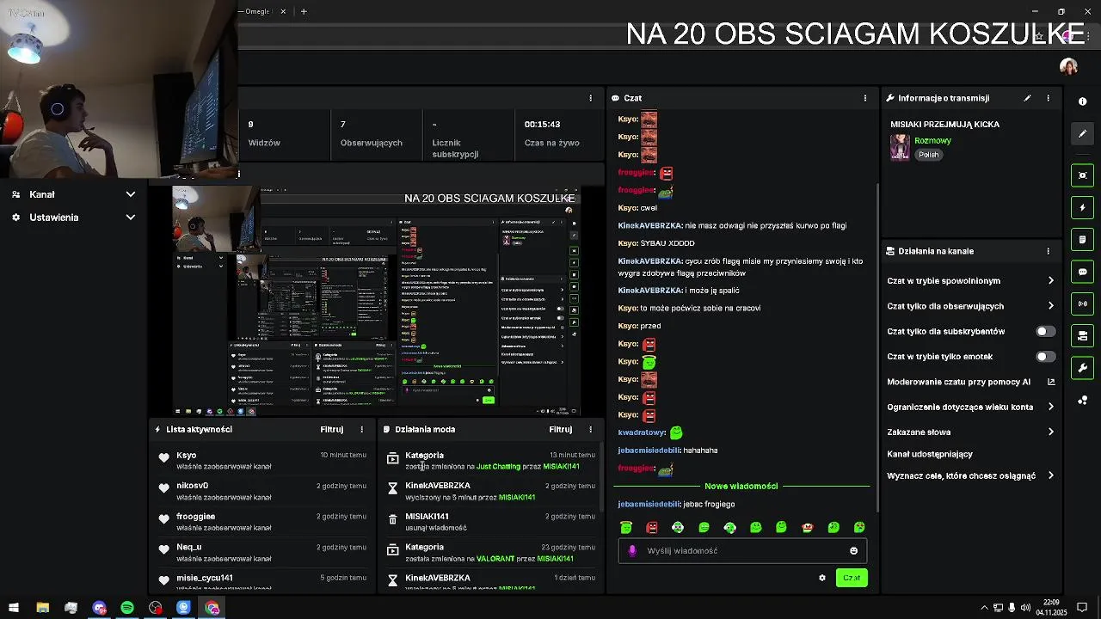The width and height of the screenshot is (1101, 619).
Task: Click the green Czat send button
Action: point(851,578)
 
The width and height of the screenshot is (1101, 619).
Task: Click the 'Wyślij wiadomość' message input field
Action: point(740,550)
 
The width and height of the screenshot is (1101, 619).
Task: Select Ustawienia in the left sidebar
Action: point(54,218)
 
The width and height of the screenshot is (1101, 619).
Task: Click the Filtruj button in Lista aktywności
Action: point(332,429)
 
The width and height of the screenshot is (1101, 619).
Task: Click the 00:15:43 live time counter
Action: point(542,124)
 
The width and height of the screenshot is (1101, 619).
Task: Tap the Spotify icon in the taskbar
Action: point(127,608)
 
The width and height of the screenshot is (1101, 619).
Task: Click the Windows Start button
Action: point(13,608)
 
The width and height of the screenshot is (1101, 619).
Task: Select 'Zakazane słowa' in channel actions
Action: point(919,432)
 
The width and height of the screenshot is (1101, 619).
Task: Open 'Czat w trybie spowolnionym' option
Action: point(944,280)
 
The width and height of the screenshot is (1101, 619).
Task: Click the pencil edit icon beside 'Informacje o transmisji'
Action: point(1027,98)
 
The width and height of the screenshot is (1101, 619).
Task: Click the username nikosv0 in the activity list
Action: point(193,486)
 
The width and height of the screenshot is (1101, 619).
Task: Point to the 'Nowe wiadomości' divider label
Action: point(741,486)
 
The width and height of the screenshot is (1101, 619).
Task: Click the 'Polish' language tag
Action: point(928,155)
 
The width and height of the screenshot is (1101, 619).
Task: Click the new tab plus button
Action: point(304,11)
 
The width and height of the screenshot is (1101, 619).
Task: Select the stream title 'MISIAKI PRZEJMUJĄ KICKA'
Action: point(944,124)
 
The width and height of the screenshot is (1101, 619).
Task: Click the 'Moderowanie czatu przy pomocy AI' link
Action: point(958,382)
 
